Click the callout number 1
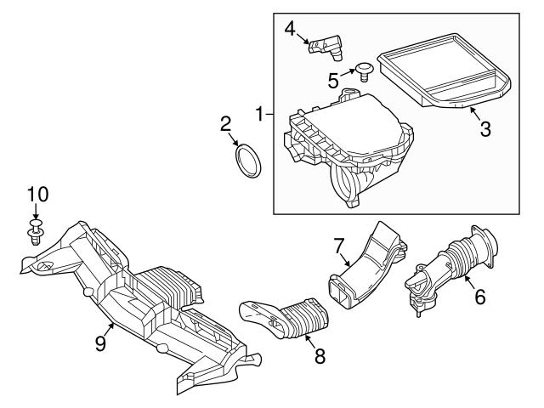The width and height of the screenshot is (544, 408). click(260, 111)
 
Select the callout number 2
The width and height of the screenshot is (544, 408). click(226, 124)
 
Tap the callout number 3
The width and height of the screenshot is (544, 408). click(484, 130)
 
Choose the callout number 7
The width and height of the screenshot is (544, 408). click(338, 245)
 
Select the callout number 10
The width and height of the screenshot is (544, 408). click(34, 195)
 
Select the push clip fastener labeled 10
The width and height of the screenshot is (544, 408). click(34, 232)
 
